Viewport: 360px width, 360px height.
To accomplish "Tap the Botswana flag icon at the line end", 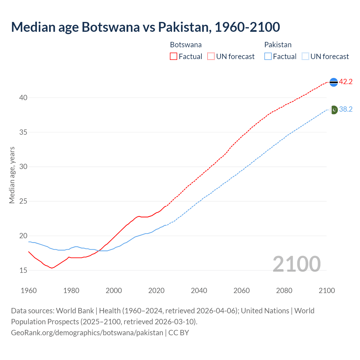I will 333,82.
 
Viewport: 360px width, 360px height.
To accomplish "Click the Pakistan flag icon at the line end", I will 334,110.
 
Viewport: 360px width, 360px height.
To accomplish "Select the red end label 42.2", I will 346,82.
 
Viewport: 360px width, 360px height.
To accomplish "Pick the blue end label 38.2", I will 346,109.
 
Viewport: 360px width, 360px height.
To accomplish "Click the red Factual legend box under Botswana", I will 174,57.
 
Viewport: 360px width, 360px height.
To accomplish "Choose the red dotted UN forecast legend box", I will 211,57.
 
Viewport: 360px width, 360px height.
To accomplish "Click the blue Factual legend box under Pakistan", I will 268,57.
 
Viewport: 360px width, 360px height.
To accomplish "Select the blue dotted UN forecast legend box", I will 305,57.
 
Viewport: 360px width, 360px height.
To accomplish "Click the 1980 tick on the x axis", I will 71,291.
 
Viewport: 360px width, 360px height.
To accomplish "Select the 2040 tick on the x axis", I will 199,291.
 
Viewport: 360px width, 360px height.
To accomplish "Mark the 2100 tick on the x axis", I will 327,291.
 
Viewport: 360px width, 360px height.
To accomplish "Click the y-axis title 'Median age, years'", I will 12,175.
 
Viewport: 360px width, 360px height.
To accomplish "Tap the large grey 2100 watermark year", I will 296,264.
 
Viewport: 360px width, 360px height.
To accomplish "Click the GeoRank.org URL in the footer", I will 87,333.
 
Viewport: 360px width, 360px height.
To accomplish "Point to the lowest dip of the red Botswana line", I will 52,268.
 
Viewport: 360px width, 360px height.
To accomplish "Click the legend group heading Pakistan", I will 278,45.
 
